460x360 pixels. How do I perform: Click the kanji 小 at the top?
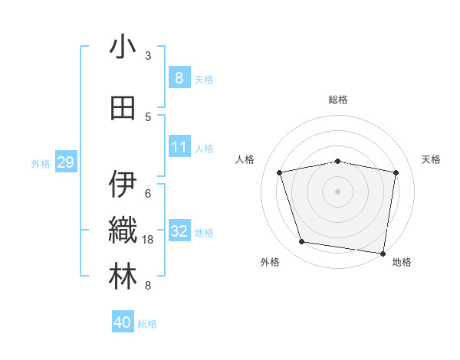tap(123, 47)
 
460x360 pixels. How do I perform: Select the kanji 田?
tap(123, 109)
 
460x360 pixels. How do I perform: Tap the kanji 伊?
tap(123, 185)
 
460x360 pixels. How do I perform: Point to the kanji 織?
tap(123, 231)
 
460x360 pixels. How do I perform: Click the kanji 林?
tap(123, 277)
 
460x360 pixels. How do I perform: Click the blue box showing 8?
tap(179, 77)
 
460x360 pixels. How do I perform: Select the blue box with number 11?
tap(179, 146)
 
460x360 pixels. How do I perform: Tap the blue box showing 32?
tap(179, 231)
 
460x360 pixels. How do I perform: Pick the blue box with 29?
tap(65, 162)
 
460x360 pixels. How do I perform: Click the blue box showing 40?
tap(123, 322)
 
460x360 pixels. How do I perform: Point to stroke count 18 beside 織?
tap(148, 240)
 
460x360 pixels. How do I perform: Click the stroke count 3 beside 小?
tap(148, 55)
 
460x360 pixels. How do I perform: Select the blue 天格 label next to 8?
tap(204, 80)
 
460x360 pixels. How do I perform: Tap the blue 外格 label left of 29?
tap(41, 163)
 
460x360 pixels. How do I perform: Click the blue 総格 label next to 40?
tap(147, 324)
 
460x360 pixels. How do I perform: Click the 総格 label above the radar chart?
tap(337, 100)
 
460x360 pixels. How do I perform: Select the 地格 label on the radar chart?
tap(402, 262)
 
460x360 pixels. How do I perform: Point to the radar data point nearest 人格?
tap(280, 172)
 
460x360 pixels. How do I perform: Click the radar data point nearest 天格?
tap(396, 172)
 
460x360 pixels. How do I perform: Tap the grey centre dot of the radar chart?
tap(337, 191)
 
